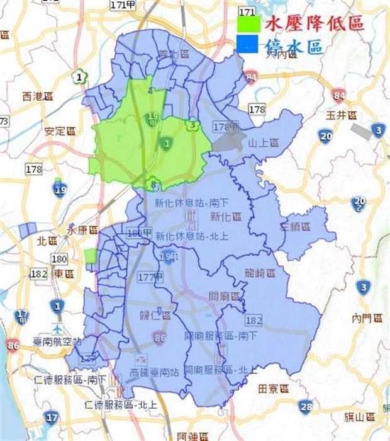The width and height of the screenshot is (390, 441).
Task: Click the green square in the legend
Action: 248,24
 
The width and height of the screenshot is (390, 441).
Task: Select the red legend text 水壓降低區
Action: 315,25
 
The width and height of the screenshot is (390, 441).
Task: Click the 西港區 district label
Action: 37,96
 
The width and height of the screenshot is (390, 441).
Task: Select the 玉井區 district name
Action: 342,116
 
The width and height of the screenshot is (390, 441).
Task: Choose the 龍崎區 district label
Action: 260,273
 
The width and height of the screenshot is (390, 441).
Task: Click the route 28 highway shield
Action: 306,405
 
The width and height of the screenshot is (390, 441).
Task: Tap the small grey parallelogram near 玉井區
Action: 362,132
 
